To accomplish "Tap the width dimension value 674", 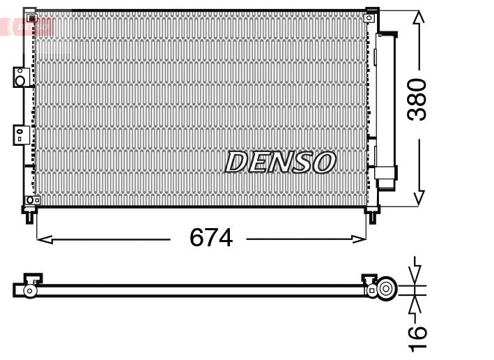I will pos(211,239).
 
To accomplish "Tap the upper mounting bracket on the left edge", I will pos(20,77).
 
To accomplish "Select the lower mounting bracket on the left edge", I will pos(20,134).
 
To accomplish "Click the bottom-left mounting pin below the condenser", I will pos(30,216).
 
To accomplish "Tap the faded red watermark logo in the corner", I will pos(28,27).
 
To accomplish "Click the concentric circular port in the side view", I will pos(386,287).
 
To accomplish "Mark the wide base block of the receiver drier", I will pos(385,174).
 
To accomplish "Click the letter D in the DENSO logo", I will pos(237,163).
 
